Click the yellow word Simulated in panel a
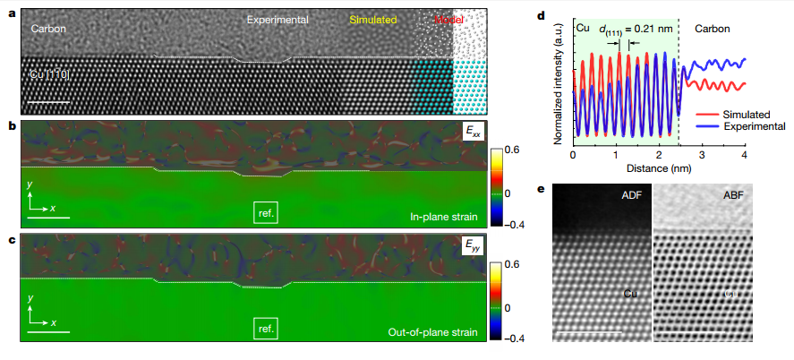pos(372,19)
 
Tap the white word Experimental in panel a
pos(277,19)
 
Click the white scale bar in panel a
pos(53,101)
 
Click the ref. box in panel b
pos(266,212)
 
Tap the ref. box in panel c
pos(266,328)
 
